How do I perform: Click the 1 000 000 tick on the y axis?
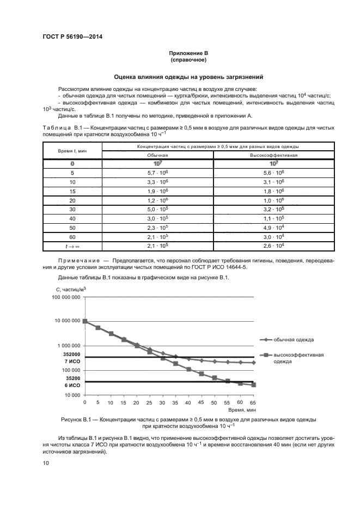[68, 346]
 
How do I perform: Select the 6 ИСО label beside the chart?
[73, 385]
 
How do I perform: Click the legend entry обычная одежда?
[293, 339]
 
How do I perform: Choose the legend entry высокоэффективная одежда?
[298, 357]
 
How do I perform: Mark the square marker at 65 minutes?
[253, 385]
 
